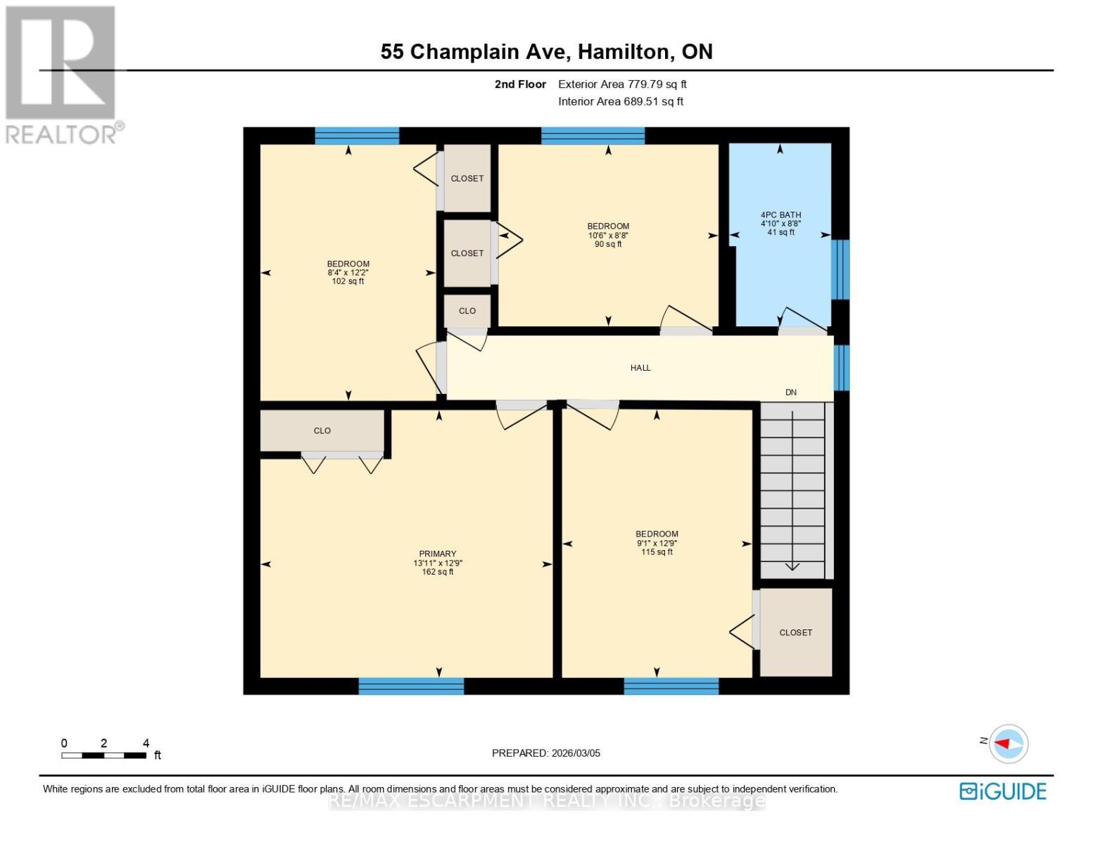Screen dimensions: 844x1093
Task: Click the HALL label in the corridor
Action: click(640, 368)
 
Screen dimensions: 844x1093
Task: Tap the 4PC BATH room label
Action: click(781, 215)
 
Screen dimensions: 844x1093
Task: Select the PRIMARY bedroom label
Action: click(437, 554)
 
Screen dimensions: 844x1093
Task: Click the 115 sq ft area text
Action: click(657, 552)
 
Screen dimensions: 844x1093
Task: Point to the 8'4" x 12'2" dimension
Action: click(348, 273)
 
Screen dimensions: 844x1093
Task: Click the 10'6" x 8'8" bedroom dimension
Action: click(608, 236)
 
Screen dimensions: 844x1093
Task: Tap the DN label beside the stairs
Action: click(790, 392)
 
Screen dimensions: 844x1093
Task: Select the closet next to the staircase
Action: click(795, 632)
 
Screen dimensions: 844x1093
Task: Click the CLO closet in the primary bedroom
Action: click(322, 430)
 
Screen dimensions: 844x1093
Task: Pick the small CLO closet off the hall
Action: click(467, 311)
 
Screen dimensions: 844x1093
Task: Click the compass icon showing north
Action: click(1009, 743)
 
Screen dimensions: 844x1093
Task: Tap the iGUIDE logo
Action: click(1002, 791)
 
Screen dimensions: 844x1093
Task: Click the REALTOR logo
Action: click(62, 74)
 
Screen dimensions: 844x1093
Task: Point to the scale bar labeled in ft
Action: click(104, 755)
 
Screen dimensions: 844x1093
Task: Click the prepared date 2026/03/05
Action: click(545, 753)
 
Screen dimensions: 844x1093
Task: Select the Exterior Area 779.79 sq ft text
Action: click(622, 84)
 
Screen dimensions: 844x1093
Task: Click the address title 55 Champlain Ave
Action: click(546, 51)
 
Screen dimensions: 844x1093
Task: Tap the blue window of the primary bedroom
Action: click(411, 686)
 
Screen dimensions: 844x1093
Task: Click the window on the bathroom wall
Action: click(840, 269)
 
